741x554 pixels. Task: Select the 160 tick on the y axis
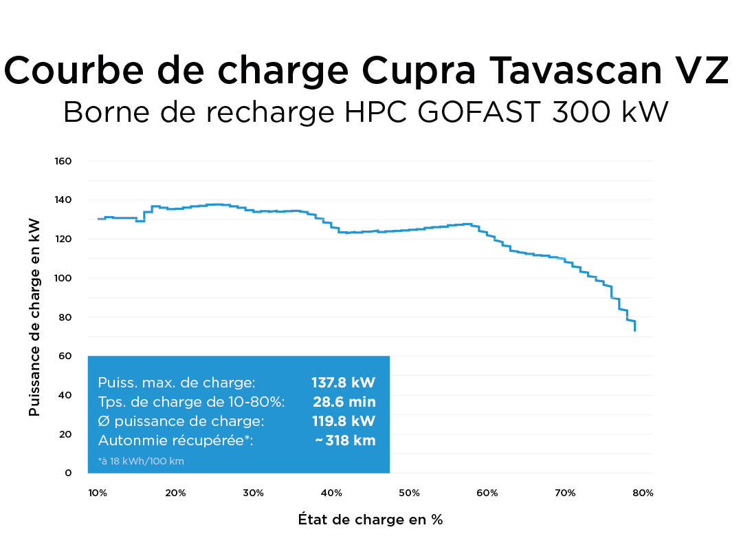[63, 161]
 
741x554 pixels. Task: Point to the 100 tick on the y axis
[63, 278]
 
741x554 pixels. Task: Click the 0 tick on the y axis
[68, 473]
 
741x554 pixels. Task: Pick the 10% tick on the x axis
[98, 493]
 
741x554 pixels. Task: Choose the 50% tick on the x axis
[409, 493]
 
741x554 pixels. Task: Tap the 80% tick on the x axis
[643, 493]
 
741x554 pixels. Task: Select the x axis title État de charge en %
[370, 520]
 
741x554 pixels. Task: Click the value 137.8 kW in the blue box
[344, 383]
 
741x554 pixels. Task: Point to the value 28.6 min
[344, 402]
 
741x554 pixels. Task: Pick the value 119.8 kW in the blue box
[344, 421]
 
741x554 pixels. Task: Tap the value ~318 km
[345, 440]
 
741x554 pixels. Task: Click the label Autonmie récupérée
[176, 440]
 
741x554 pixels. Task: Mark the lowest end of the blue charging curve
[635, 330]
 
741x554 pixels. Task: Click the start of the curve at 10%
[98, 219]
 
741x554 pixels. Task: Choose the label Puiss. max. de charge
[177, 383]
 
